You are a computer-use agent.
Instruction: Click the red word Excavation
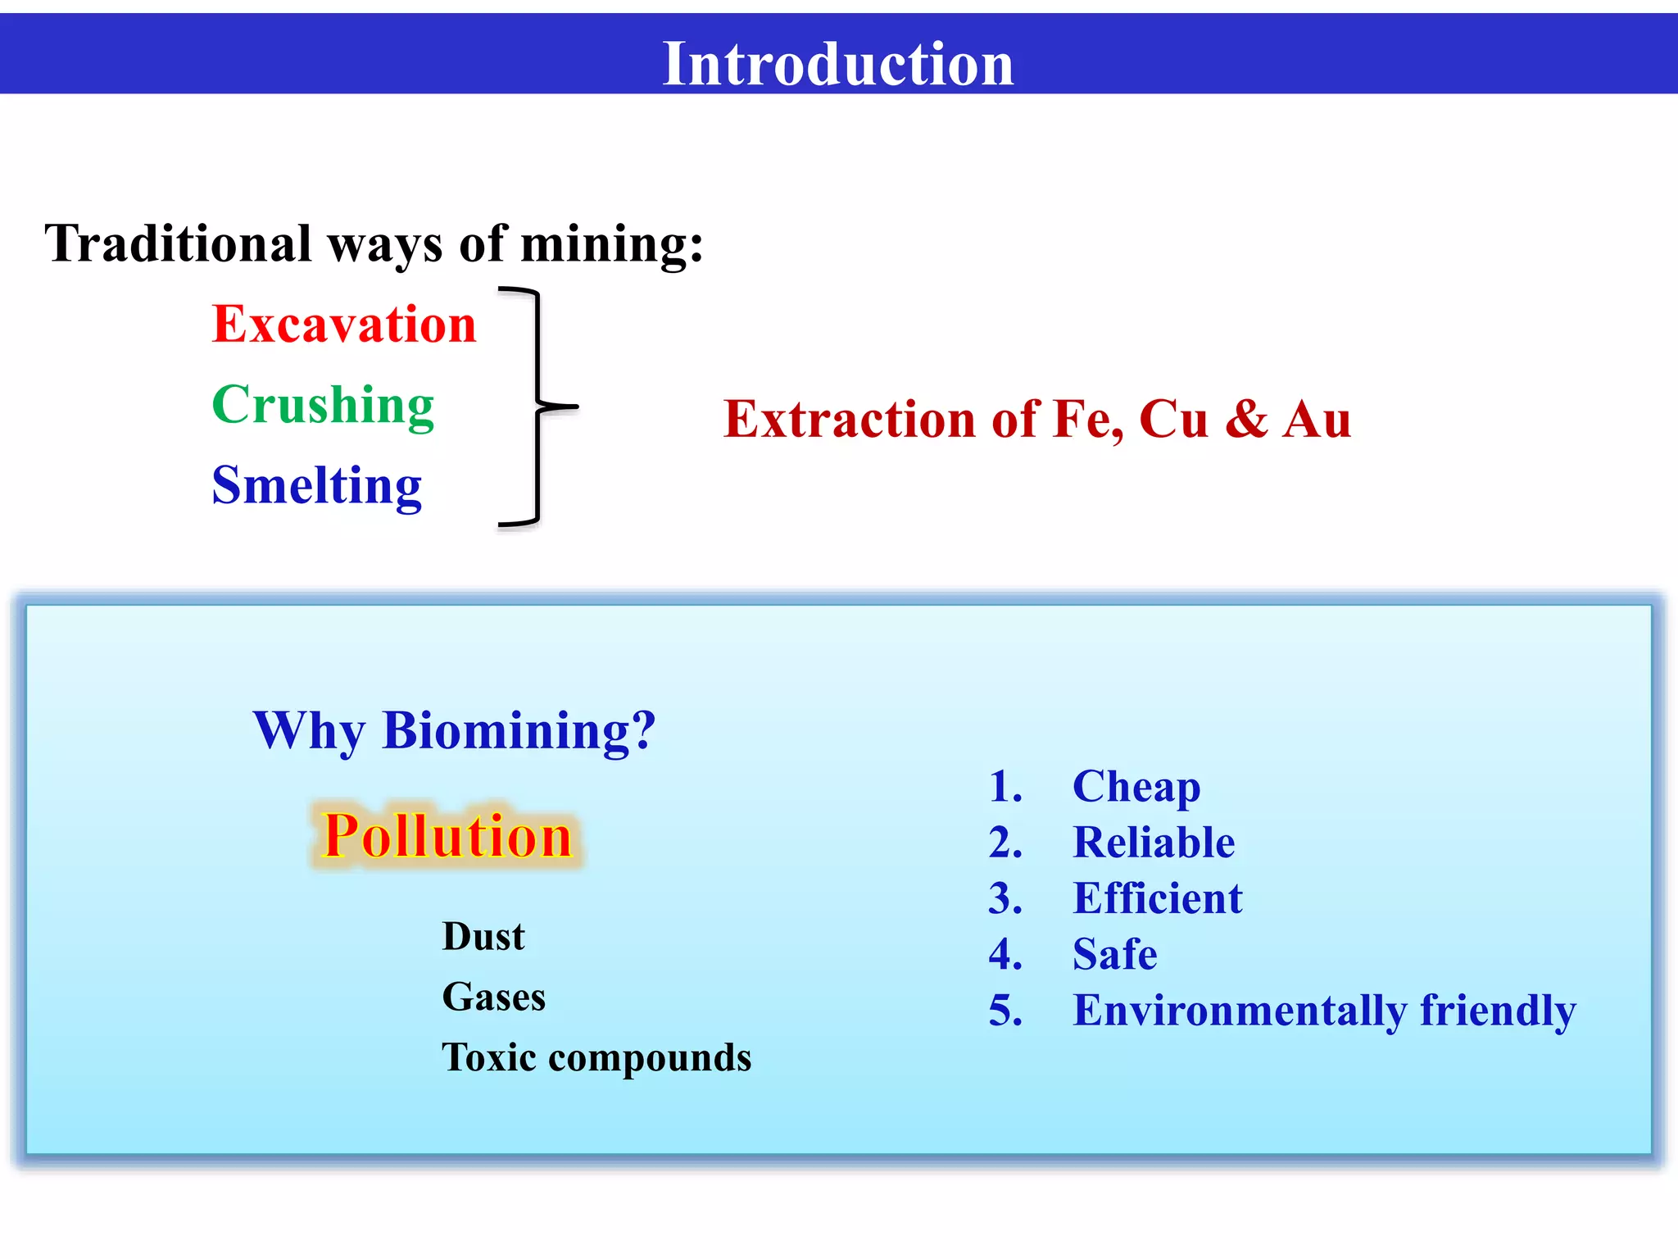click(344, 325)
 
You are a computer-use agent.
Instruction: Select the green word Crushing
click(323, 405)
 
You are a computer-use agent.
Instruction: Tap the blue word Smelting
click(316, 485)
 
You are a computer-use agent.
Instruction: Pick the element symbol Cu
click(1173, 420)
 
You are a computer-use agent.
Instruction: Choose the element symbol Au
click(1317, 420)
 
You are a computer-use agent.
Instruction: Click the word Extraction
click(850, 420)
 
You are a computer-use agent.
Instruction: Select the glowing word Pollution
click(447, 837)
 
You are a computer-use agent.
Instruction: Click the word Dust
click(483, 937)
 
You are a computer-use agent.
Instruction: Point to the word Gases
click(493, 998)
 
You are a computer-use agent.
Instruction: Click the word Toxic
click(489, 1057)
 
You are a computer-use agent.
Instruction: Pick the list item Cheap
click(1136, 787)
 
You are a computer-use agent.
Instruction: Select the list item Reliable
click(1154, 843)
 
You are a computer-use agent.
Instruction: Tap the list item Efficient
click(1157, 898)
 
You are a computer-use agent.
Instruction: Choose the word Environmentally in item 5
click(1240, 1011)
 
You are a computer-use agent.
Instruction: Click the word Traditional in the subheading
click(178, 244)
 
